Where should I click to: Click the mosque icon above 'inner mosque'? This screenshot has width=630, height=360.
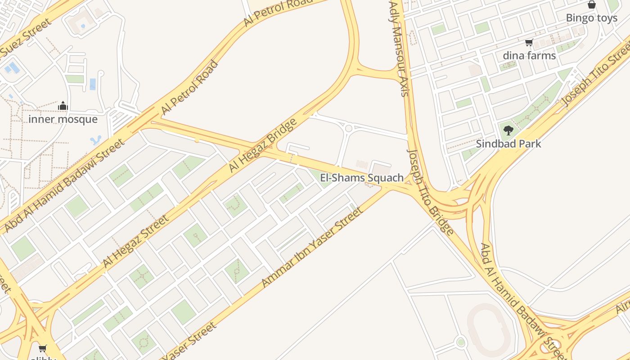[x=63, y=106]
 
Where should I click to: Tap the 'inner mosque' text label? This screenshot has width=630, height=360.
[x=63, y=119]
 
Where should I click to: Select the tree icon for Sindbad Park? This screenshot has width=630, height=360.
[x=508, y=131]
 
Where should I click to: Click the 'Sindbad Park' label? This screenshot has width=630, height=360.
[x=508, y=144]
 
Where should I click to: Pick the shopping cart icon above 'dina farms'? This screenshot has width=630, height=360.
[x=529, y=43]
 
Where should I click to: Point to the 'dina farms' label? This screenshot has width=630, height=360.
[x=529, y=56]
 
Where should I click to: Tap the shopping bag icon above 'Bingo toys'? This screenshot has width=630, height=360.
[x=592, y=5]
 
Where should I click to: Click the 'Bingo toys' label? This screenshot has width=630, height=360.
[x=592, y=18]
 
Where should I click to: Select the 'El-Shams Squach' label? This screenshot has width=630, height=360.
[x=362, y=178]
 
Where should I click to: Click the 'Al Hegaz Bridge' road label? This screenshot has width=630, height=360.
[x=263, y=145]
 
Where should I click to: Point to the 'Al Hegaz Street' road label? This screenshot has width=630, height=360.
[x=135, y=241]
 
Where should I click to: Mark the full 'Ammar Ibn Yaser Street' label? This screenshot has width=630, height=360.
[x=312, y=247]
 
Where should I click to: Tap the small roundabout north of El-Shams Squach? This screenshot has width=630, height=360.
[x=348, y=129]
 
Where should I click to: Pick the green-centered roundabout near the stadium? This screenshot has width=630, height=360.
[x=460, y=342]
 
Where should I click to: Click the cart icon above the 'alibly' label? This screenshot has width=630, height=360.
[x=43, y=348]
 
